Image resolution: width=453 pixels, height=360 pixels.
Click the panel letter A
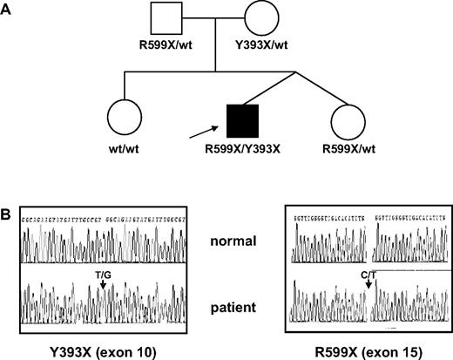tap(8, 7)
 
